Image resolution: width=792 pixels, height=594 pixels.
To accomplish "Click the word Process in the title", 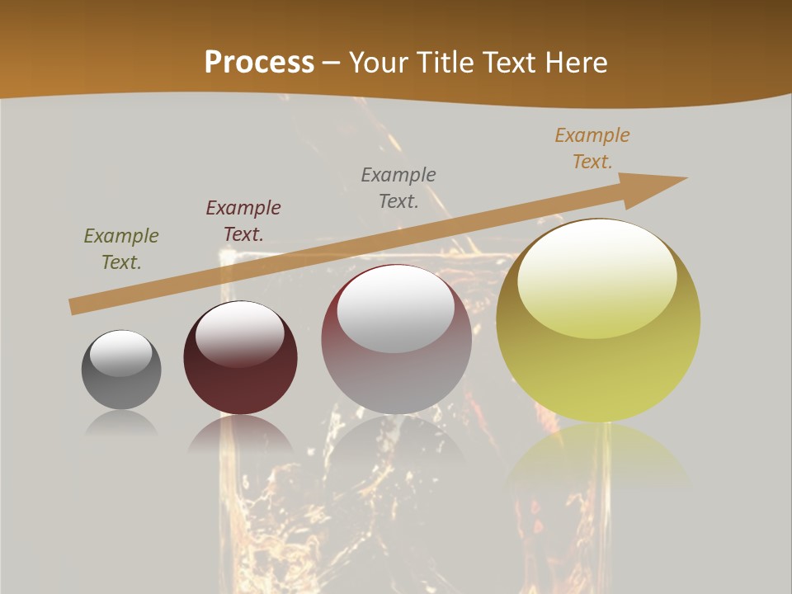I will [x=259, y=62].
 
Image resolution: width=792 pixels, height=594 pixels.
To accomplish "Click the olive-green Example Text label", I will [x=121, y=249].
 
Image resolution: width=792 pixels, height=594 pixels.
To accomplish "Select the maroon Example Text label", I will [x=243, y=220].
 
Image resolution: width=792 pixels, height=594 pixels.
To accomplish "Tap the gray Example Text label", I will [x=398, y=187].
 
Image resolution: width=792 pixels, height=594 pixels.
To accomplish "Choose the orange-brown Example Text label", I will [x=592, y=148].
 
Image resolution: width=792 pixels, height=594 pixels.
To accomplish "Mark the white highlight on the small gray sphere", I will [x=121, y=353].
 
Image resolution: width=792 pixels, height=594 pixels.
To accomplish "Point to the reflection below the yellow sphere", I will [x=598, y=458].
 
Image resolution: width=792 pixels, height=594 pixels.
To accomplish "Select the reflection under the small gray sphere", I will [x=121, y=423].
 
